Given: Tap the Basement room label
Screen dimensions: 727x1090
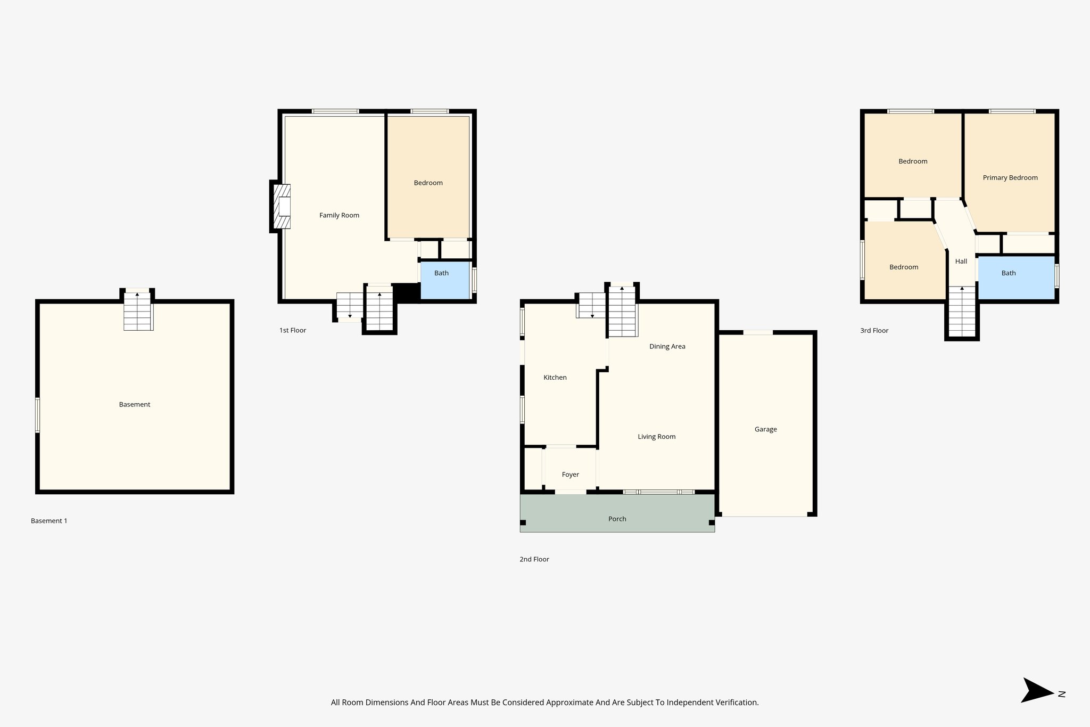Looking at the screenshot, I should [135, 404].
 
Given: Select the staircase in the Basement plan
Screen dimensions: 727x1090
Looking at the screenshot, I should [138, 311].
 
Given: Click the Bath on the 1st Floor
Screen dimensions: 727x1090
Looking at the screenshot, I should [442, 273].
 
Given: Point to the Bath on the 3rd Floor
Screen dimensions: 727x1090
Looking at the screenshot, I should [1009, 273].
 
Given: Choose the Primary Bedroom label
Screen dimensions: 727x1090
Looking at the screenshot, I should [1010, 178].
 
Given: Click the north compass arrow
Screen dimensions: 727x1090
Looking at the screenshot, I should [1037, 690].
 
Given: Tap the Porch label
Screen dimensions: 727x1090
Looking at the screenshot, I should [617, 519].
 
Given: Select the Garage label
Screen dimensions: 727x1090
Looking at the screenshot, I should [765, 429].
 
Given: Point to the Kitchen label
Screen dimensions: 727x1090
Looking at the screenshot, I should [555, 378].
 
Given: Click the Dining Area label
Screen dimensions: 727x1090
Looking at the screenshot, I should [667, 347].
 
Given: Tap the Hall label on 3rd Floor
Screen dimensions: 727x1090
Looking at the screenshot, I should [961, 262].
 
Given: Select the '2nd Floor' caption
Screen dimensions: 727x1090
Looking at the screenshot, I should [534, 559].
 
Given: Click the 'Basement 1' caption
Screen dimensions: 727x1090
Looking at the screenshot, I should [49, 521].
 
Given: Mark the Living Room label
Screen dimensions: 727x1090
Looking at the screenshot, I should [657, 437].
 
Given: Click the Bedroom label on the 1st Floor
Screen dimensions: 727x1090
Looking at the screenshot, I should [428, 183].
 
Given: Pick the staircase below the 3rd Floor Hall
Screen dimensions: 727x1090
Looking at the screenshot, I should [962, 312].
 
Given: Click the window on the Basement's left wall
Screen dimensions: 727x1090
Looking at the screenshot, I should [38, 415].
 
